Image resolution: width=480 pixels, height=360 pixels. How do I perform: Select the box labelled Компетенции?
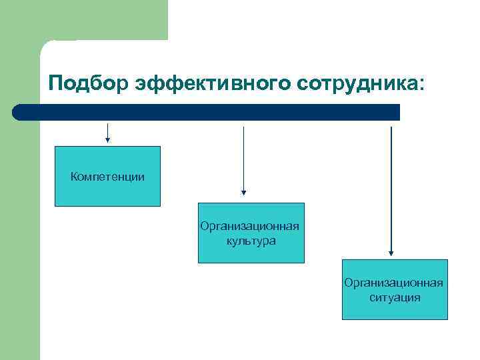tap(107, 190)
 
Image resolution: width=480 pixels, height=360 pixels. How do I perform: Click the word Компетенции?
tap(107, 177)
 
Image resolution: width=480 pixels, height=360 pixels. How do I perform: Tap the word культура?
tap(251, 241)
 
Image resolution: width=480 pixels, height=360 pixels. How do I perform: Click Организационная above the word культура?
tap(251, 227)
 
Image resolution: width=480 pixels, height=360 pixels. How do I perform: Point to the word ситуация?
tap(395, 297)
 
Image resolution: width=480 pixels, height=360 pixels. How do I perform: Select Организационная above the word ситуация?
tap(395, 283)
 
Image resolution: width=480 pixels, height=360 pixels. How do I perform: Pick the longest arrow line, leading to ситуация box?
tap(391, 187)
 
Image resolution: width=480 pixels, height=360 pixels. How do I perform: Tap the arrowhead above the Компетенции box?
tap(107, 140)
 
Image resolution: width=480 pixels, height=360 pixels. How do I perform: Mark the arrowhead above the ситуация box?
tap(391, 253)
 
